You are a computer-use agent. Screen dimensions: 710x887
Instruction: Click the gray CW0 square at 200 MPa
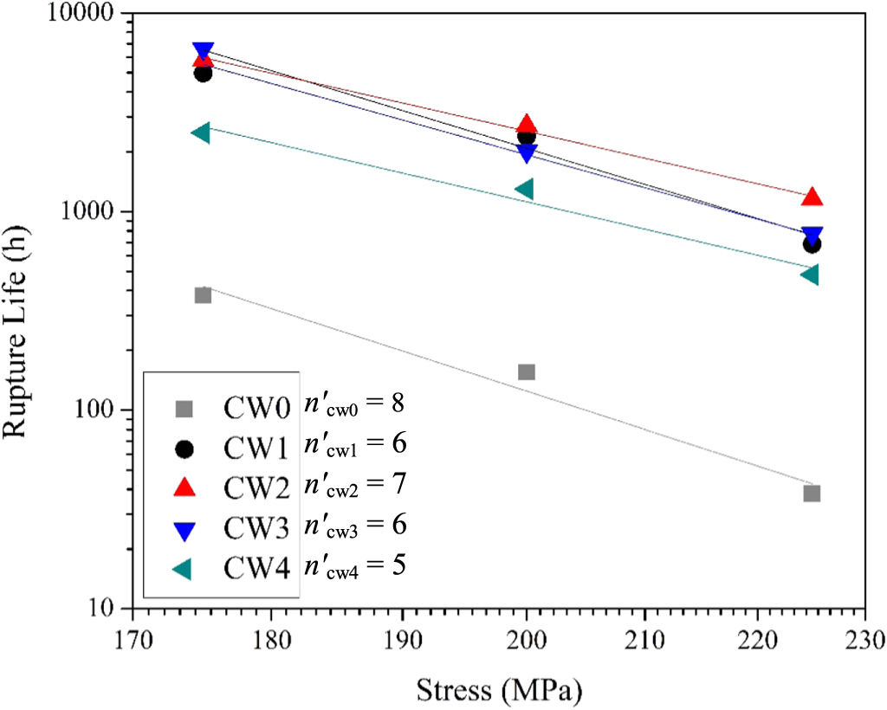[x=526, y=371]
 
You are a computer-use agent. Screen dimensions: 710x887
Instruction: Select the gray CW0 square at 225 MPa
[x=812, y=493]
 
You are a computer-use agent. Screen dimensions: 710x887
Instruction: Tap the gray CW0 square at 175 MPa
[x=203, y=294]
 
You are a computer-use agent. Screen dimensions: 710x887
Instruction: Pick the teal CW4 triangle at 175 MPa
[x=200, y=132]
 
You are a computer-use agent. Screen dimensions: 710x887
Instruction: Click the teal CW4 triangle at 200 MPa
[x=523, y=189]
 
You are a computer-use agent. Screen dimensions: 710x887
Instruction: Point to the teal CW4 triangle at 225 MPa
[x=809, y=274]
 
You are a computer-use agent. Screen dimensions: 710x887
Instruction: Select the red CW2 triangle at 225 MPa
[x=812, y=197]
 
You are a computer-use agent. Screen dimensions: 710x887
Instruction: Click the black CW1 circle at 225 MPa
[x=812, y=245]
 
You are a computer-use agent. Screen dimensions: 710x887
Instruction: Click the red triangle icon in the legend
[x=184, y=487]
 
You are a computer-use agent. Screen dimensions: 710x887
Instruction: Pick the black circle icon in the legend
[x=184, y=449]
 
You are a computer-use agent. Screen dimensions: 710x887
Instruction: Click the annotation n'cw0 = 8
[x=354, y=403]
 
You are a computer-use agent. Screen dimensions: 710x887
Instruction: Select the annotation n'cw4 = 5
[x=354, y=566]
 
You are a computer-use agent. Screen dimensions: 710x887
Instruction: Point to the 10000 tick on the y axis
[x=91, y=15]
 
